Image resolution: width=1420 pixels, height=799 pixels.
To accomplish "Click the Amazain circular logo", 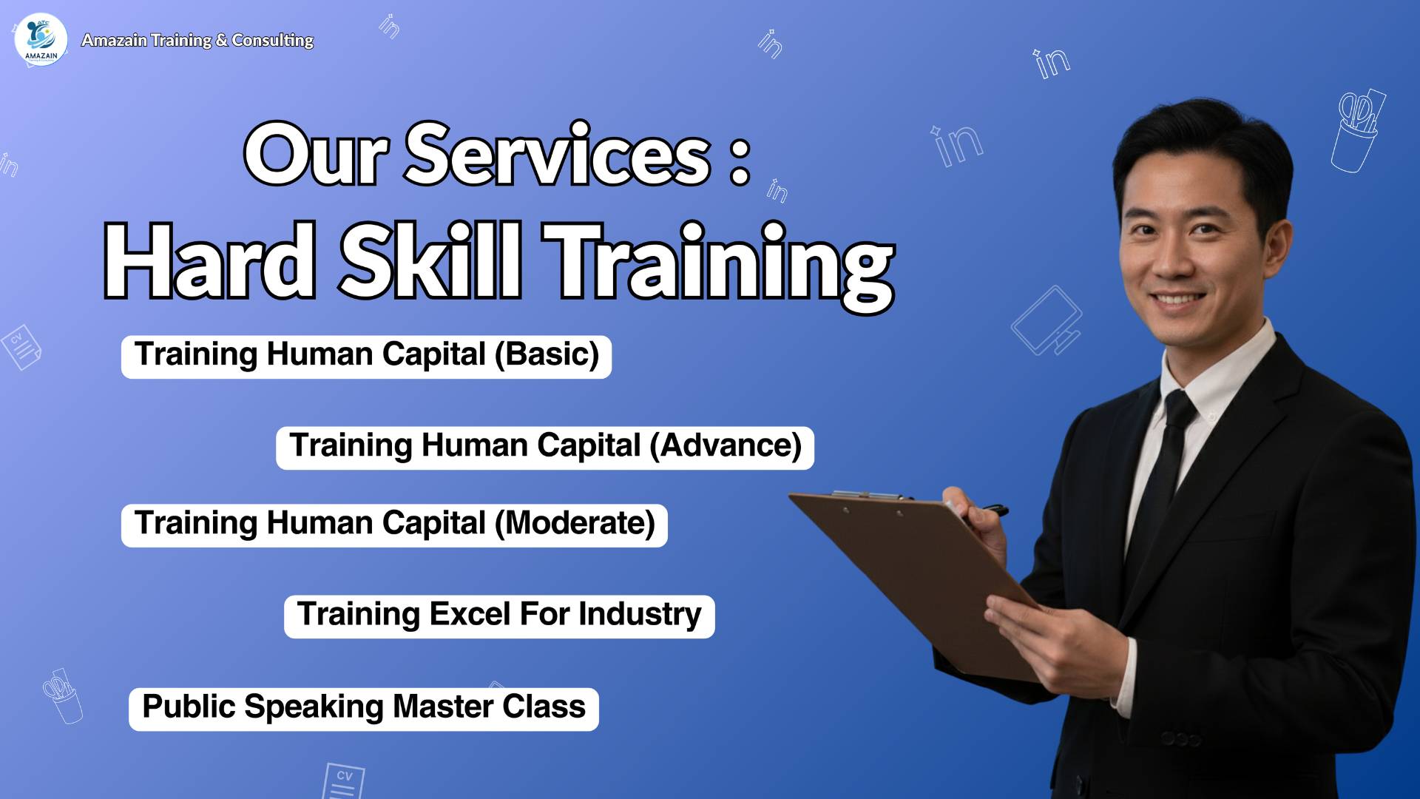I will point(41,40).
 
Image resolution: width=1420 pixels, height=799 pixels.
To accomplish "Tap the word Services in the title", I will point(558,155).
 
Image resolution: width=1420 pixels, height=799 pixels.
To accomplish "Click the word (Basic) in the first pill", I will point(547,355).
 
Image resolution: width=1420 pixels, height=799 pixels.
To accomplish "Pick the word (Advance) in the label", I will point(726,446).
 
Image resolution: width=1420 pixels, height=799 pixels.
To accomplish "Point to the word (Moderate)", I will point(575,524).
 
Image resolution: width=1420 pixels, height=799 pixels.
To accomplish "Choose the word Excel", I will point(470,615).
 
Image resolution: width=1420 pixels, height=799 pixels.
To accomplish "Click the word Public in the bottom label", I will point(189,707).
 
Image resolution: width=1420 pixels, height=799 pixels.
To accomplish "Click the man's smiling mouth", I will point(1179,300).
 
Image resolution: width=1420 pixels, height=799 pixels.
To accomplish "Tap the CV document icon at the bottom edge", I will point(343,781).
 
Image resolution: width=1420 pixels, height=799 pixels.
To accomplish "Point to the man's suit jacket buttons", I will point(1180,738).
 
